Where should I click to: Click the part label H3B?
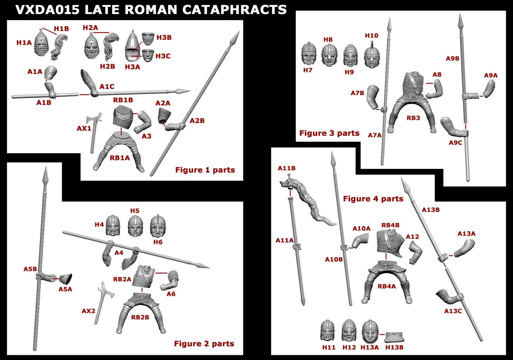(164, 38)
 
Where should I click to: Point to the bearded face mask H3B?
(148, 39)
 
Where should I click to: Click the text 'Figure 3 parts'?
(329, 133)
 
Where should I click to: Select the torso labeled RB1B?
(123, 117)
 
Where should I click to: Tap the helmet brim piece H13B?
(394, 337)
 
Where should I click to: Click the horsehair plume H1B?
(59, 47)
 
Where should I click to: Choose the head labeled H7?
(309, 54)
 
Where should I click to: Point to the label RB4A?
(387, 286)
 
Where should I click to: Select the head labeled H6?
(158, 226)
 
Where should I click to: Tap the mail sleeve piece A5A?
(66, 279)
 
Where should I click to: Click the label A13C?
(453, 311)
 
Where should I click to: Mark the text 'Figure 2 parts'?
(204, 344)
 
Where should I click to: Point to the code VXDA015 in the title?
(47, 10)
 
